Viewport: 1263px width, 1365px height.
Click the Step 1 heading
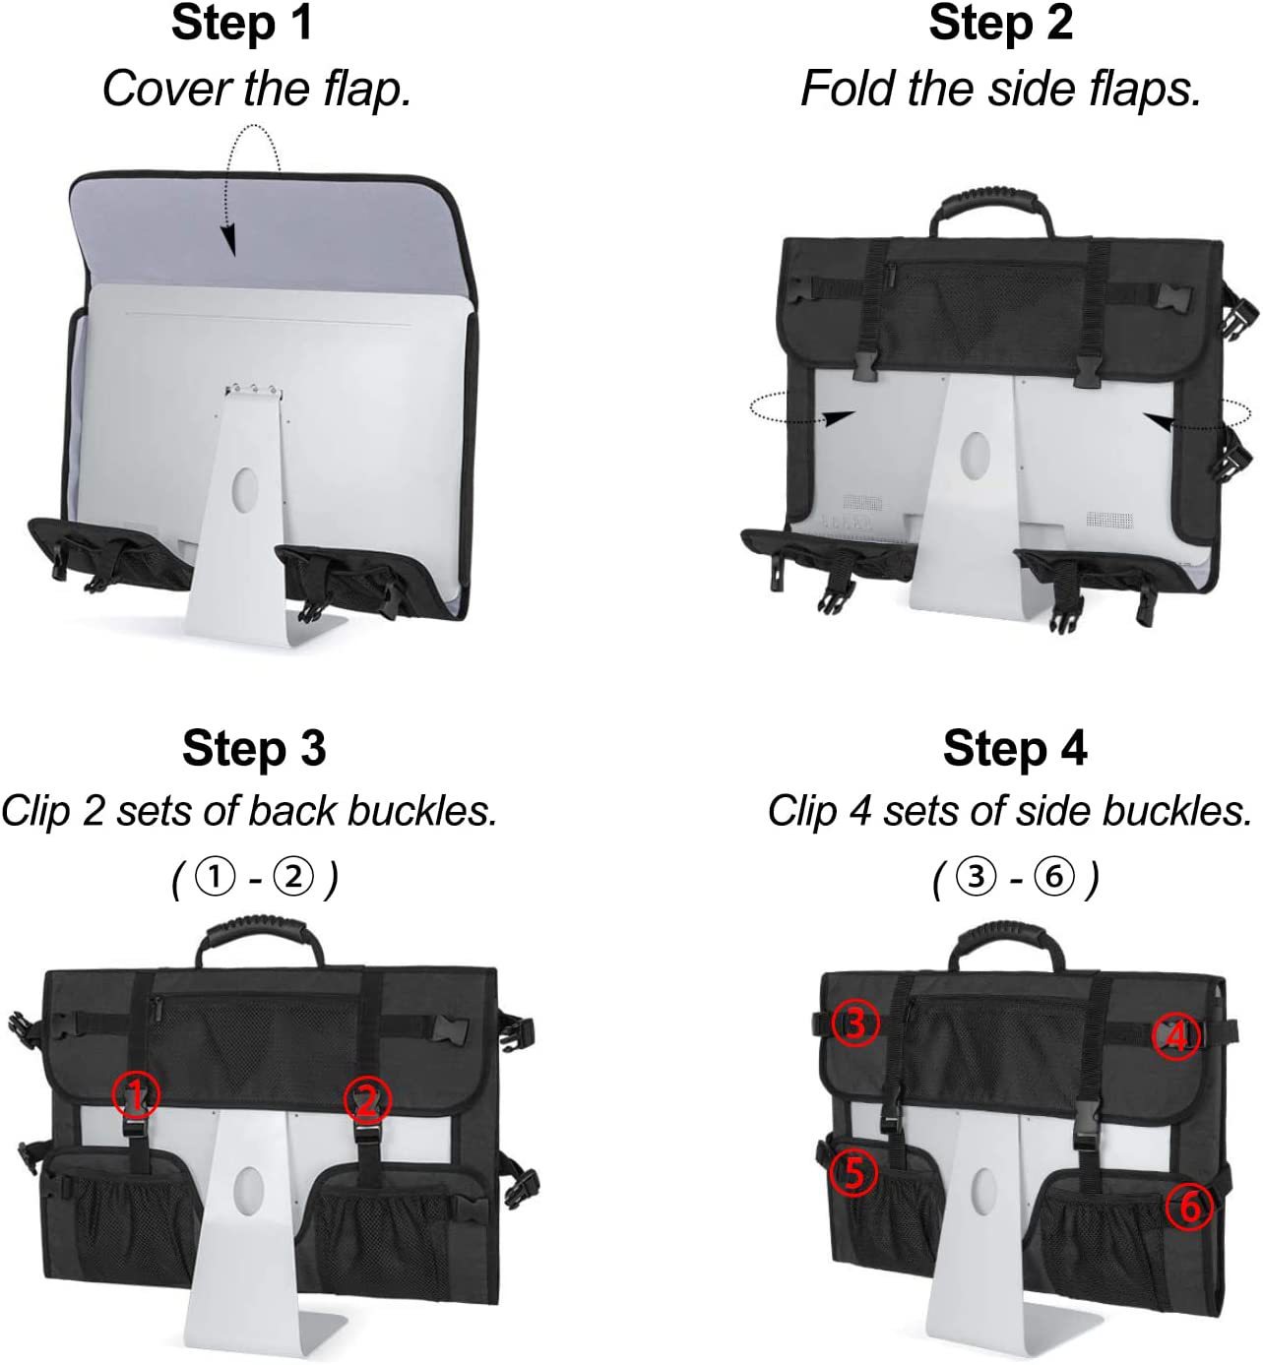(242, 24)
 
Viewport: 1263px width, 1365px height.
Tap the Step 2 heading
(1000, 24)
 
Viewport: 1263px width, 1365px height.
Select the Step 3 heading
(254, 749)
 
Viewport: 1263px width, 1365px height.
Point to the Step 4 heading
(1015, 749)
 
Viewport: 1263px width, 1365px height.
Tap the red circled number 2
(367, 1099)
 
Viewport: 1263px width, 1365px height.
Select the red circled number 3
(855, 1024)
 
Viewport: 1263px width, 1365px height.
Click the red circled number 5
(853, 1172)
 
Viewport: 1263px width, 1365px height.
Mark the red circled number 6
(1189, 1207)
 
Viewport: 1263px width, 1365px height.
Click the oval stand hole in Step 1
(245, 489)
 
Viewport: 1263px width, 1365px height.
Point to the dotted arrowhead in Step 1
(228, 240)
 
